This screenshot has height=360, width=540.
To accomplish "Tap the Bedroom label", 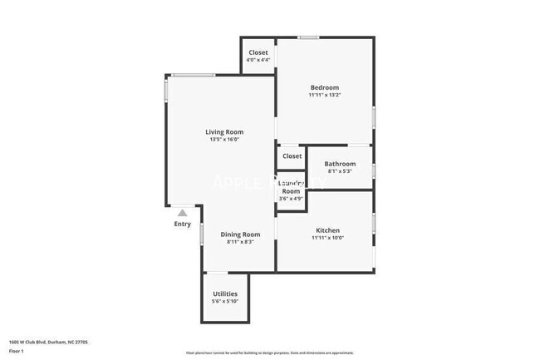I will [325, 87].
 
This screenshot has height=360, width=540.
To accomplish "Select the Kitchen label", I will [327, 230].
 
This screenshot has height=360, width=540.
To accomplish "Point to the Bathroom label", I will [340, 164].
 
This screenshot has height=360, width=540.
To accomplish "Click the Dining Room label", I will [241, 234].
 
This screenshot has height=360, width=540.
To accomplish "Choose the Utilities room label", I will [225, 293].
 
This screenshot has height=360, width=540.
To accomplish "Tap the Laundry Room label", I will [291, 187].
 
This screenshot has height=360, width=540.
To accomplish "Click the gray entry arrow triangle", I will [183, 213].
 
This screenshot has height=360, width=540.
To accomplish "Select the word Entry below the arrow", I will [183, 224].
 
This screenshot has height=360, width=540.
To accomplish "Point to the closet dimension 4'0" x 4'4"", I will [258, 60].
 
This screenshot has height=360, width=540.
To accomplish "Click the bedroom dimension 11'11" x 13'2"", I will [325, 95].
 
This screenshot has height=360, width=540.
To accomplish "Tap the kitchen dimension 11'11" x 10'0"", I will [327, 238].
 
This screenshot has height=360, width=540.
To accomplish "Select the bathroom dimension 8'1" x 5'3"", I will [340, 171].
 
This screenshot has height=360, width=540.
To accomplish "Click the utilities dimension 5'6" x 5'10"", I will [225, 301].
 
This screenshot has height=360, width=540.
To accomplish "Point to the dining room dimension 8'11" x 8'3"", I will [241, 242].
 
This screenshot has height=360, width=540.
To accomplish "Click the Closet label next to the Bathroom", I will [292, 155].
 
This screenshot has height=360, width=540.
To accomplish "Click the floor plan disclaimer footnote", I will [269, 353].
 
